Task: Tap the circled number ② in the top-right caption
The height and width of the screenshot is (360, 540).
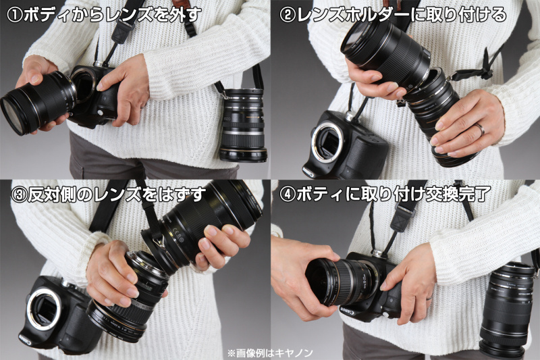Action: coord(287,15)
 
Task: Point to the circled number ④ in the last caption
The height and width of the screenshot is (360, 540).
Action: coord(287,195)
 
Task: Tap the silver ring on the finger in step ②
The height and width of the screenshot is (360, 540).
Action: coord(480,128)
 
